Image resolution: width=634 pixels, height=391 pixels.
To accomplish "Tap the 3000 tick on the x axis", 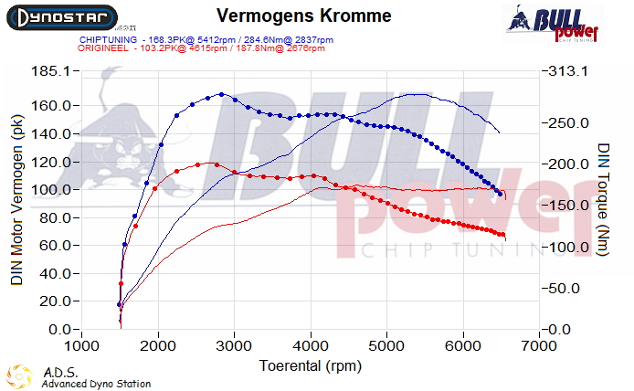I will [x=235, y=346].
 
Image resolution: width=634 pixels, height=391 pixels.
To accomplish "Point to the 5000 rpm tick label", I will [x=387, y=346].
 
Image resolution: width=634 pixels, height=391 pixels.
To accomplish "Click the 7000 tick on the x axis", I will [x=541, y=346].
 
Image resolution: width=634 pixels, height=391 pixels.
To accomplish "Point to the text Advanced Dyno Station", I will [x=96, y=384].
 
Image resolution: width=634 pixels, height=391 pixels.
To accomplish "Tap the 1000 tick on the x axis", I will [x=82, y=346].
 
